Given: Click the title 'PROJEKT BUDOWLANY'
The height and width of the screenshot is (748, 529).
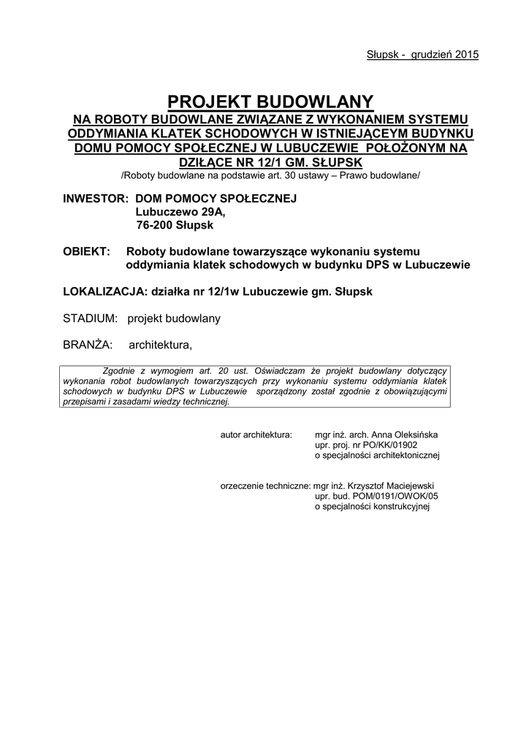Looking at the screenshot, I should [271, 102].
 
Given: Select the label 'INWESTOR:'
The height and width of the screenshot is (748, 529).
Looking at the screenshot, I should [92, 199].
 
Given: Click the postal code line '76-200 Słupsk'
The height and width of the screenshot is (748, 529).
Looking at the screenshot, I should [175, 226].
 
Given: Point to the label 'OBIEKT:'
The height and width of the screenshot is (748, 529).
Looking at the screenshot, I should [87, 251].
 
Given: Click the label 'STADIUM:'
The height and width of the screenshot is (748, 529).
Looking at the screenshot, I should [91, 318].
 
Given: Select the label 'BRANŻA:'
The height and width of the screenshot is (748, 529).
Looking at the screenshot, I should [86, 345].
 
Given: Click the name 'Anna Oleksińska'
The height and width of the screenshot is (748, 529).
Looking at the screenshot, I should [405, 434].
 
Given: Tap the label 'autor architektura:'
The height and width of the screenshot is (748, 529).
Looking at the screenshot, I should [256, 434].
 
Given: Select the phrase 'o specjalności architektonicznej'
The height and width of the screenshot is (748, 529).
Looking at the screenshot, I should [376, 455].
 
